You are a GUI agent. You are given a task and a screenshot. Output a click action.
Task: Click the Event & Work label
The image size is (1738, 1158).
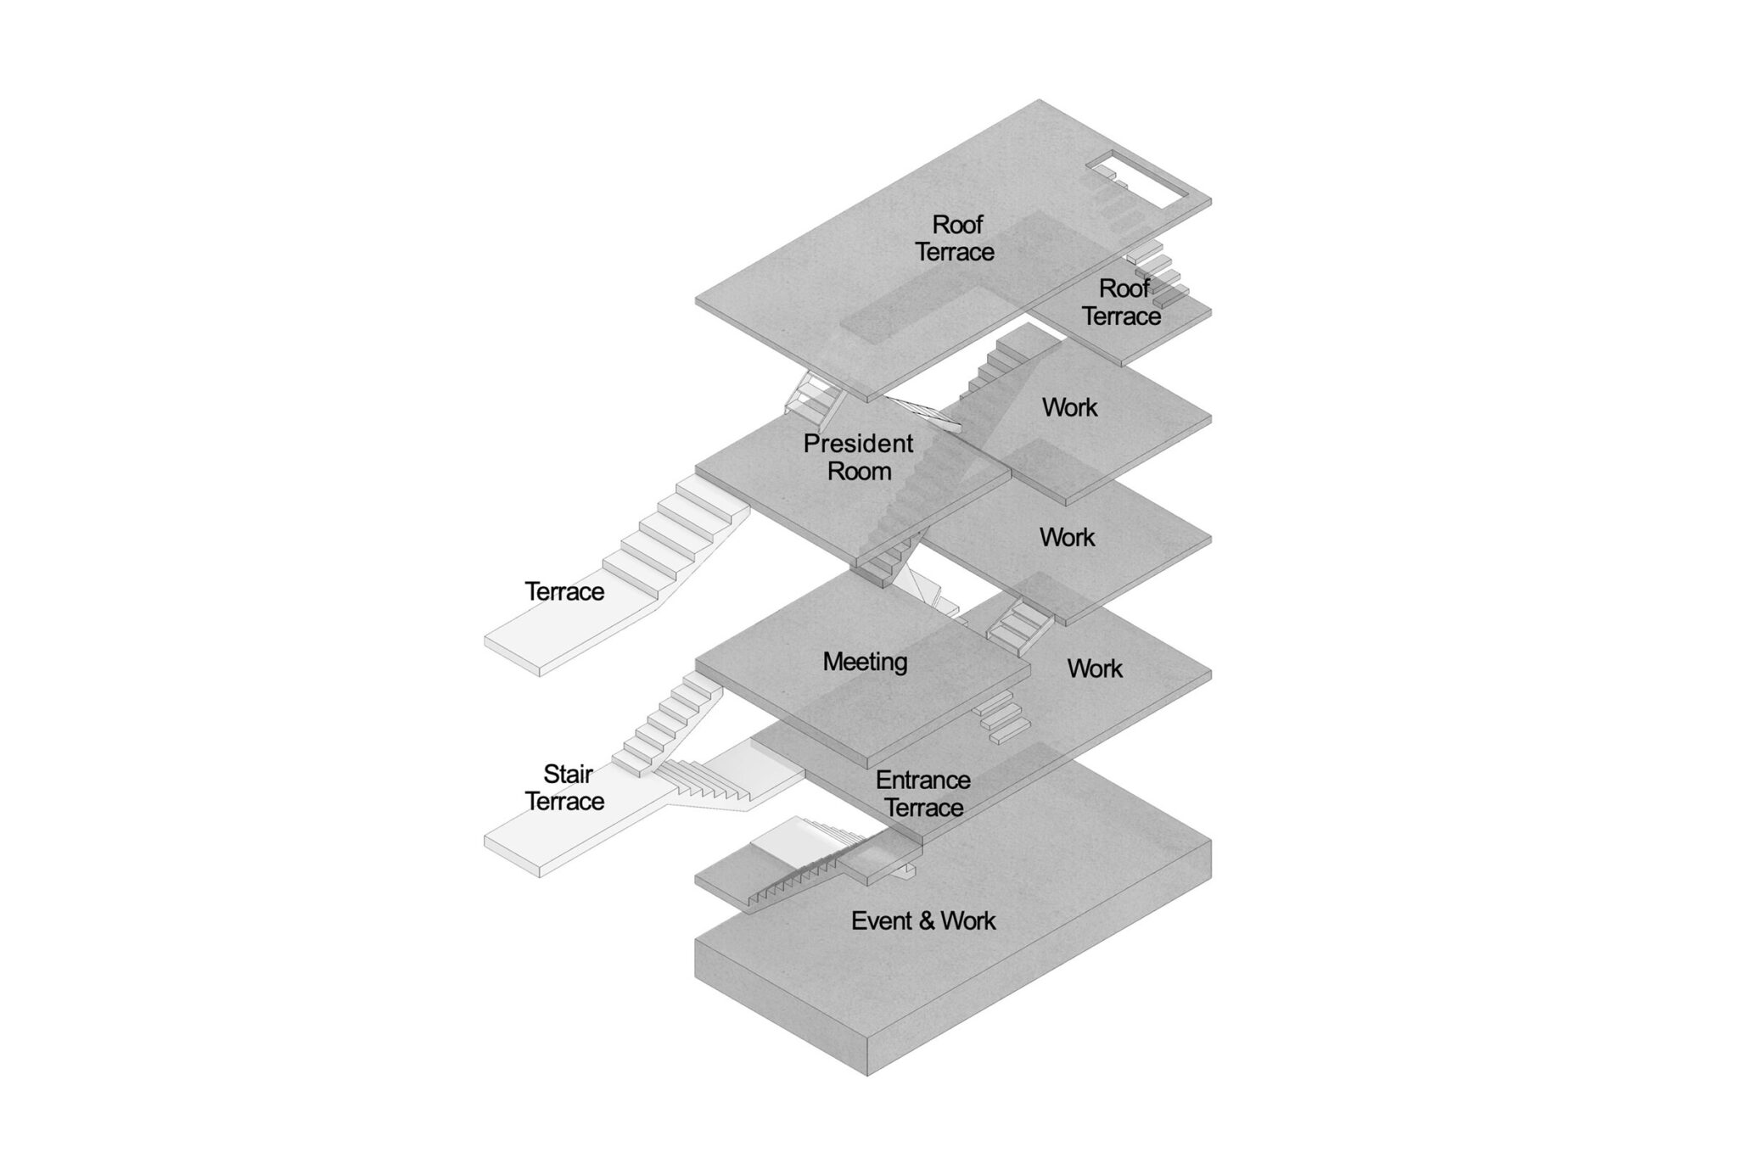923,920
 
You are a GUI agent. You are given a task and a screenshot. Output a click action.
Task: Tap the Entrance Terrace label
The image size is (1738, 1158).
923,793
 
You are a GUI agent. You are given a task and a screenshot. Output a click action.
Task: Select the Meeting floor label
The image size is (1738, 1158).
865,662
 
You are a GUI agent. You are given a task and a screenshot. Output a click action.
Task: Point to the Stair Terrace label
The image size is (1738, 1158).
565,787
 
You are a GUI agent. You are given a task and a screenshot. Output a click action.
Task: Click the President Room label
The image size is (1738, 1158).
859,456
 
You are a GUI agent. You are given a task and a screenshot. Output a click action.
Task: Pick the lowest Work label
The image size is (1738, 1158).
1095,669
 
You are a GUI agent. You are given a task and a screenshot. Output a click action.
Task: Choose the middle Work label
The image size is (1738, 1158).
1068,537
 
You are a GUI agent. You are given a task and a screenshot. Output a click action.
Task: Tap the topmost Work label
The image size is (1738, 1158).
1070,407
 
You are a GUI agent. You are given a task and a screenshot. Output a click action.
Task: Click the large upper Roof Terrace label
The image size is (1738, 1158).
956,238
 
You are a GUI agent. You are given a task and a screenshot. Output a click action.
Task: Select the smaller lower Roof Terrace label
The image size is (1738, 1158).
1122,302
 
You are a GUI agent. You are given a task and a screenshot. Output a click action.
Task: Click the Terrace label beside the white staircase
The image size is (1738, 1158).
564,591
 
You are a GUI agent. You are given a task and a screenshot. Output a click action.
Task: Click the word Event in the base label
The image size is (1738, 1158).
883,920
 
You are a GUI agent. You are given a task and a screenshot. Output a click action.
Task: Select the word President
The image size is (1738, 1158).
859,443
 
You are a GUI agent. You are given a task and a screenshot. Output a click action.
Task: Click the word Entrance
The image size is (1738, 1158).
923,780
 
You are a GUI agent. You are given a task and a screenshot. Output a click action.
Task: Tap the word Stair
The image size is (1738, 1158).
568,774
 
